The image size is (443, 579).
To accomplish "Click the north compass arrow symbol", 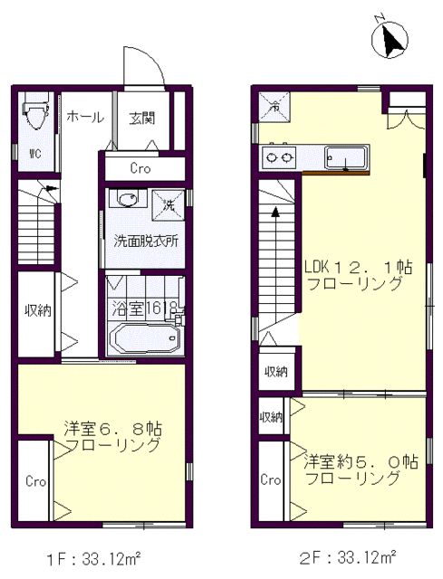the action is pos(390,38).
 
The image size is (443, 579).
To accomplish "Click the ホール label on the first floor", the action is pos(85,117).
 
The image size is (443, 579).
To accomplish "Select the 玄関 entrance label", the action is pos(142,119).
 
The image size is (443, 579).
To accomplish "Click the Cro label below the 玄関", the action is pos(140,169).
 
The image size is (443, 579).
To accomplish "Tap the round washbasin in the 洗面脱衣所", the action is pos(128,199).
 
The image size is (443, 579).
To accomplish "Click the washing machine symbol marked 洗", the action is pos(169,205).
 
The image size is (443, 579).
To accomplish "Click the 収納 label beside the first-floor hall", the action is pos(38,311).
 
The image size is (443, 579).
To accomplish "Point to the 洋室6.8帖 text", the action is pos(112,429).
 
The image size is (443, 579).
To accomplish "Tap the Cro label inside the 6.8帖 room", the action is pos(35,481).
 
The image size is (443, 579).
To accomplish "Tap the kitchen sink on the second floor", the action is pos(346,157).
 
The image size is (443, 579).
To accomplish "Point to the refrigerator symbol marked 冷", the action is pos(274,107).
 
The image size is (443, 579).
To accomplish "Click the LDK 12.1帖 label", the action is pos(358,267).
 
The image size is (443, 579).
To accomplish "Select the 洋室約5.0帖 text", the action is pos(361,462).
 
